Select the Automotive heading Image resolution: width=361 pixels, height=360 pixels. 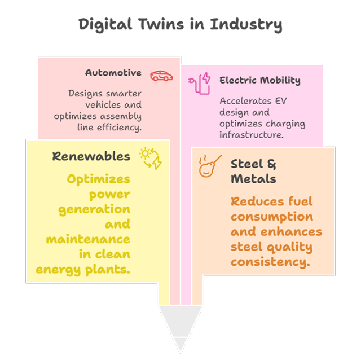click(x=113, y=73)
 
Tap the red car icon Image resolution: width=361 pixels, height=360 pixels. click(x=161, y=75)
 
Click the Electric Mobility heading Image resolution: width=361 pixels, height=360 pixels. click(x=260, y=80)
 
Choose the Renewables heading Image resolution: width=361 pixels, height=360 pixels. click(x=91, y=156)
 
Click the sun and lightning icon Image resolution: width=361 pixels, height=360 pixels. click(x=151, y=158)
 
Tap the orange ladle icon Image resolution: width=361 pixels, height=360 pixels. click(x=209, y=166)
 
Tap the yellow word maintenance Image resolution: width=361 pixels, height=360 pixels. click(x=87, y=239)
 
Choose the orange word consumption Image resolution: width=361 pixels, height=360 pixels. click(x=272, y=217)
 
